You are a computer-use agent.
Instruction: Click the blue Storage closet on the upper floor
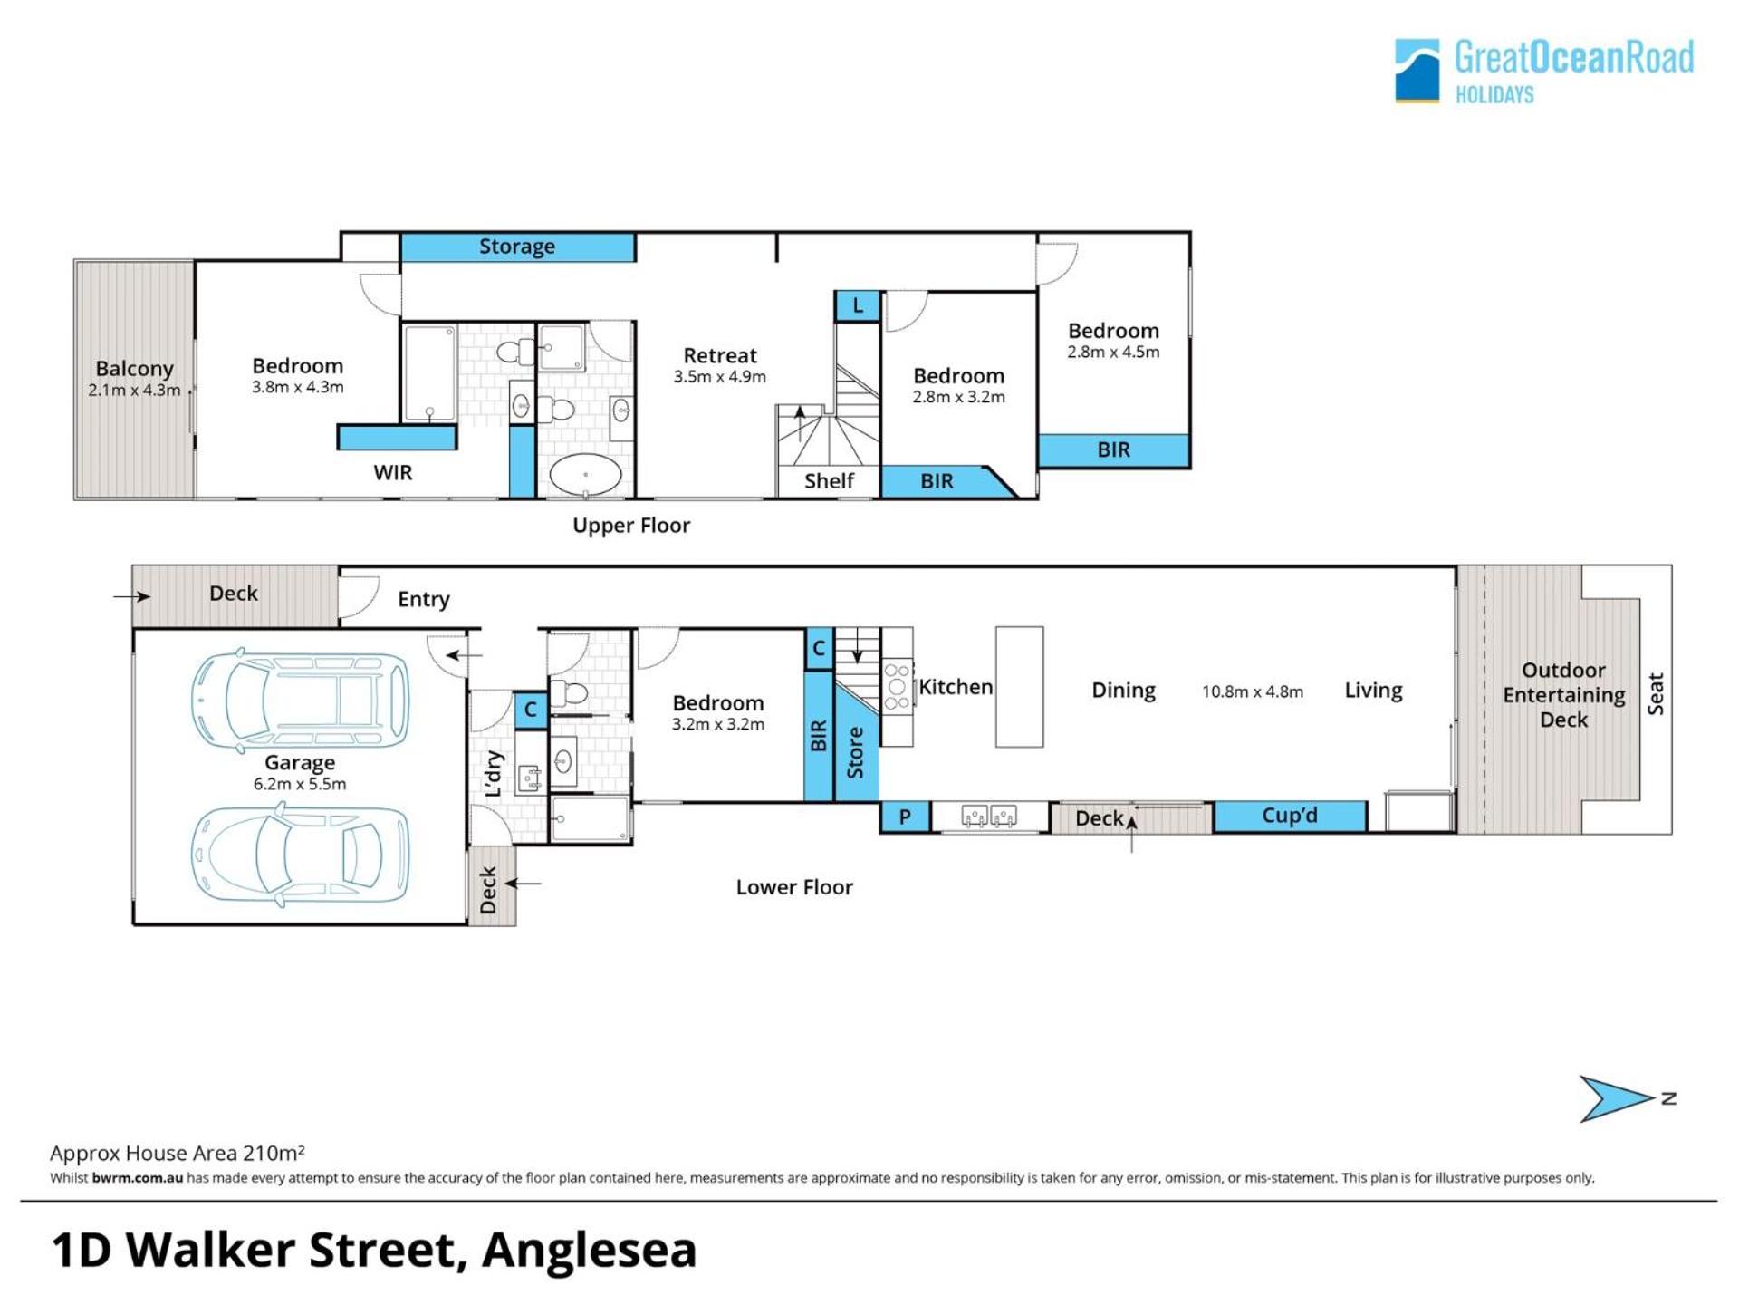point(517,246)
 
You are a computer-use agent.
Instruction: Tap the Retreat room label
point(719,355)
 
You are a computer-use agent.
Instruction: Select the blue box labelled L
point(857,305)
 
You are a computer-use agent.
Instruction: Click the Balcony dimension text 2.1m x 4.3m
point(134,391)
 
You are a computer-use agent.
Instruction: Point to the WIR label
point(392,472)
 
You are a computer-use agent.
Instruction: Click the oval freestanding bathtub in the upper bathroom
point(586,474)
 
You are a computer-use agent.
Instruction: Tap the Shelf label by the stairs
point(829,480)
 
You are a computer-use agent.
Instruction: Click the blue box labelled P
point(904,817)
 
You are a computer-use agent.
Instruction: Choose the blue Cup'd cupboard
point(1290,816)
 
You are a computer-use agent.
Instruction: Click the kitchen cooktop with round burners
point(897,686)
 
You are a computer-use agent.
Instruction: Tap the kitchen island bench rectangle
point(1019,687)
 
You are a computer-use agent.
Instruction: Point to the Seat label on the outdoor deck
point(1656,693)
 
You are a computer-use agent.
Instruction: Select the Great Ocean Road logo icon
point(1417,70)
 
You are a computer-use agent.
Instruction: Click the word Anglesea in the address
point(589,1250)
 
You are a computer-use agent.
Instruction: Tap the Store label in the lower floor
point(855,752)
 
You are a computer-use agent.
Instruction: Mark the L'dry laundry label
point(494,773)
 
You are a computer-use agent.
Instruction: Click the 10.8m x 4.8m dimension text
point(1253,691)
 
